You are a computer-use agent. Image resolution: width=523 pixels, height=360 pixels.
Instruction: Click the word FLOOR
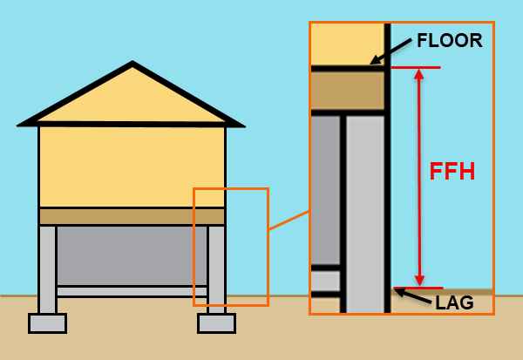coord(449,41)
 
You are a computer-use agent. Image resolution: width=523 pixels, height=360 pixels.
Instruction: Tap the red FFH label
coord(452,172)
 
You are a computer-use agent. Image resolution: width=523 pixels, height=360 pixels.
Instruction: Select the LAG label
coord(454,302)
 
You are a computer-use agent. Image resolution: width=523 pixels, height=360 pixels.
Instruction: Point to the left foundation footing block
coord(47,323)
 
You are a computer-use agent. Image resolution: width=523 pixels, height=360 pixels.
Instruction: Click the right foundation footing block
coord(216,323)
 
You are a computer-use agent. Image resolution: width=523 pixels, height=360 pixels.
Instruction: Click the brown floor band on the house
coord(132,216)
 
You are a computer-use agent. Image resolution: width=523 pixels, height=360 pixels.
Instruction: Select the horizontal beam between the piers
coord(132,291)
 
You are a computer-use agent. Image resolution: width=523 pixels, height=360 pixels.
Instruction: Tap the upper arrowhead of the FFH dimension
coord(419,74)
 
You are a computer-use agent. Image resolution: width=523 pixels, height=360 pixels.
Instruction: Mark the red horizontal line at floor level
coord(415,67)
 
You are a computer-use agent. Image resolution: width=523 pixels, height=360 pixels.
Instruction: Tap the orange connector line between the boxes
coord(289,220)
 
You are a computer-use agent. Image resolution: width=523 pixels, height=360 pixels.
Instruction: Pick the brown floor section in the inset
coord(347,90)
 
